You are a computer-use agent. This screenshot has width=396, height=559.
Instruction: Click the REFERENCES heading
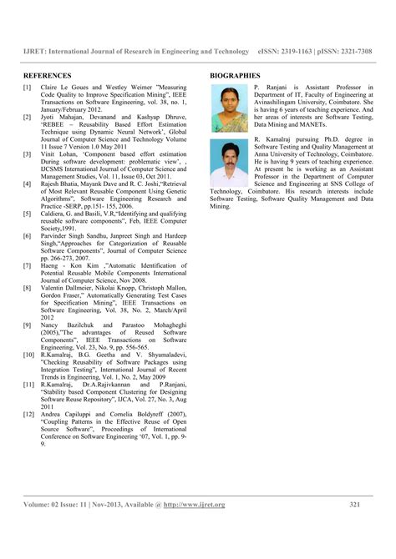[x=47, y=74]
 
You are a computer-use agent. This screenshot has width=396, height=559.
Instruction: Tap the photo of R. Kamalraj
[x=227, y=163]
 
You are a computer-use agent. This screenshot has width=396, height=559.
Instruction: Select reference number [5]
[x=28, y=214]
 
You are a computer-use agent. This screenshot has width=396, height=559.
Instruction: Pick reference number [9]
[x=28, y=321]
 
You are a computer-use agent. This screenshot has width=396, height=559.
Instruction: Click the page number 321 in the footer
[x=354, y=504]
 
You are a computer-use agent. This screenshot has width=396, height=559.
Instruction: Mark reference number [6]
[x=28, y=235]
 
